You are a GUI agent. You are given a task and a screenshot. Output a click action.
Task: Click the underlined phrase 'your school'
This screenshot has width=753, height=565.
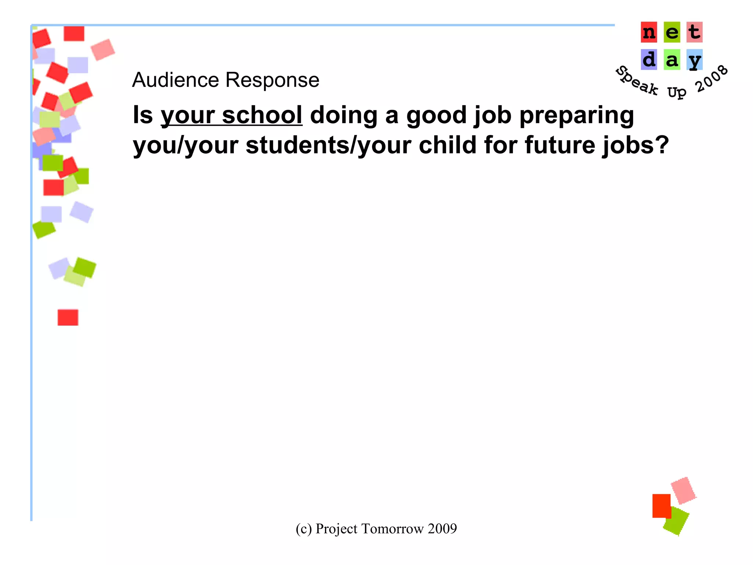tap(232, 116)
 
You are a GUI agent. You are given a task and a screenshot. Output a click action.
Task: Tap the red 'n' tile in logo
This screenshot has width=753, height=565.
tap(649, 32)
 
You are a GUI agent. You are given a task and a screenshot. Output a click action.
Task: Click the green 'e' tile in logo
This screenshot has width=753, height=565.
tap(672, 32)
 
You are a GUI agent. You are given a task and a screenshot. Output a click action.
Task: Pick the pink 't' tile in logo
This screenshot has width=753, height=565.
tap(694, 32)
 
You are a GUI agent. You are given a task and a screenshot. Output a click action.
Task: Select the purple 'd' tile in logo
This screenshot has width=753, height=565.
tap(649, 60)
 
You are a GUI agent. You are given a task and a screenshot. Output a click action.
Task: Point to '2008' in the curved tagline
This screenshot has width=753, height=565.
tap(711, 79)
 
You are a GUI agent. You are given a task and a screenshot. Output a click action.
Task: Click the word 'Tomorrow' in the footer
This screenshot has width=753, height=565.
tap(393, 529)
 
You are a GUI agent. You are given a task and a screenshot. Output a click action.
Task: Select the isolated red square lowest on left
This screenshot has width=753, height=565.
tap(68, 317)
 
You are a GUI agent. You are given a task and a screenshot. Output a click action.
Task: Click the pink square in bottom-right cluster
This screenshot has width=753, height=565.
tap(683, 490)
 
